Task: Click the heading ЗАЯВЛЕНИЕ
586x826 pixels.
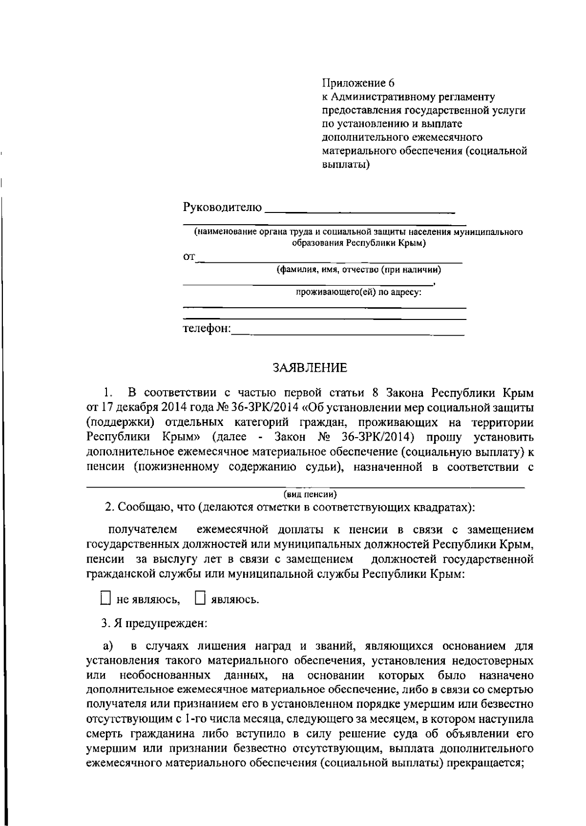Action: pyautogui.click(x=310, y=368)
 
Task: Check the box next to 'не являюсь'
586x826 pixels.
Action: pyautogui.click(x=105, y=598)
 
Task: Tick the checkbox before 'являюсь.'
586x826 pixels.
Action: pyautogui.click(x=200, y=598)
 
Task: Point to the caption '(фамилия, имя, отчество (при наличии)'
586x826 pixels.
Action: pyautogui.click(x=359, y=269)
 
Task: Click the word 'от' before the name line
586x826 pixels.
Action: pyautogui.click(x=189, y=257)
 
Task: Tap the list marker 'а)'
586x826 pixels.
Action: pyautogui.click(x=108, y=646)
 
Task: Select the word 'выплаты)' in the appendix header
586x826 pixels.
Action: pyautogui.click(x=346, y=165)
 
